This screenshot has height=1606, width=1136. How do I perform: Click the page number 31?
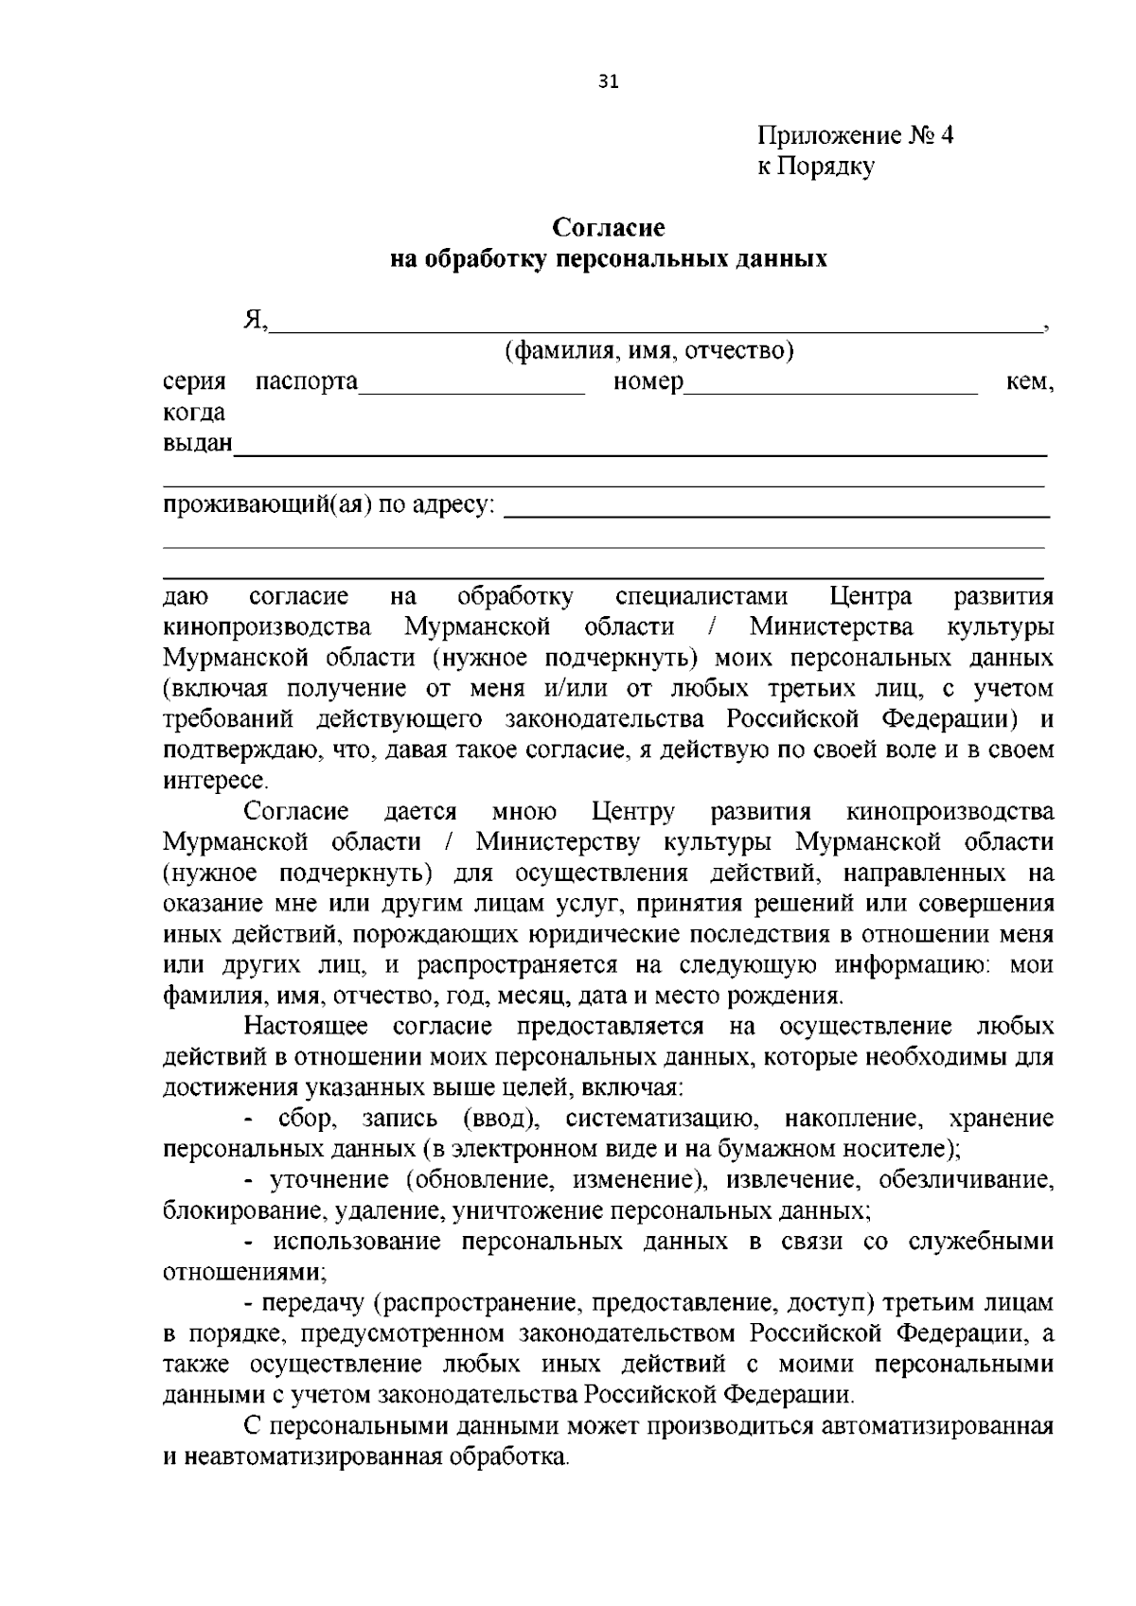[x=608, y=82]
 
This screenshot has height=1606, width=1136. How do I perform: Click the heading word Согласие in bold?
[x=609, y=227]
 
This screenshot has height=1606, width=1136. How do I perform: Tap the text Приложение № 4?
[x=855, y=135]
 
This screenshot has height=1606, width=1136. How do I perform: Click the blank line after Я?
[x=653, y=326]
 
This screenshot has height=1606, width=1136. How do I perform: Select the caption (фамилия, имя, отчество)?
[x=648, y=351]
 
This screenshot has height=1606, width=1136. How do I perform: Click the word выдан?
[x=197, y=443]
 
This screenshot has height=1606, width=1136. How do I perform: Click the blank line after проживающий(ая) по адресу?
[x=776, y=511]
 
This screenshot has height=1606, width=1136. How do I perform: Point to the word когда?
[x=194, y=413]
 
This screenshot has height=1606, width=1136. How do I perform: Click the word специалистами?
[x=701, y=596]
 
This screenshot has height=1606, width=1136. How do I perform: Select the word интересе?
[x=215, y=781]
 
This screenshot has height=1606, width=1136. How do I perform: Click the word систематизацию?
[x=663, y=1119]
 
